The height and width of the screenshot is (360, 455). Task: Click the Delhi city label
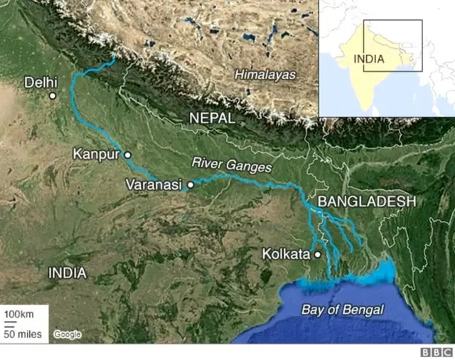pos(41,82)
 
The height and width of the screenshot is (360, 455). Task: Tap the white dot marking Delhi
pos(53,95)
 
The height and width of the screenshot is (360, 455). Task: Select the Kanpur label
pos(96,154)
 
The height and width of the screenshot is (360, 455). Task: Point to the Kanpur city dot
pos(128,154)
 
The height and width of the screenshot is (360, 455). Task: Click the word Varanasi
pos(154,184)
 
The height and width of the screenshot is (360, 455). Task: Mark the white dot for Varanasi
pos(190,184)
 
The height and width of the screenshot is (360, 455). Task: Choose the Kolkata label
pos(286,253)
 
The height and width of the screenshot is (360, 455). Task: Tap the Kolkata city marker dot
pos(318,253)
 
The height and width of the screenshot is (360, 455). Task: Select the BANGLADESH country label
pos(366,202)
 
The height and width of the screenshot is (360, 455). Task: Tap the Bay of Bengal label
pos(342,310)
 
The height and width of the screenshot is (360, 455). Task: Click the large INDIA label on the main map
pos(67,272)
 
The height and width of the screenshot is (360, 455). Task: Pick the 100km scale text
pos(20,314)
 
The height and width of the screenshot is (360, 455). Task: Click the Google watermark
pos(67,334)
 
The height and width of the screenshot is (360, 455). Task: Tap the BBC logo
pos(437,352)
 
